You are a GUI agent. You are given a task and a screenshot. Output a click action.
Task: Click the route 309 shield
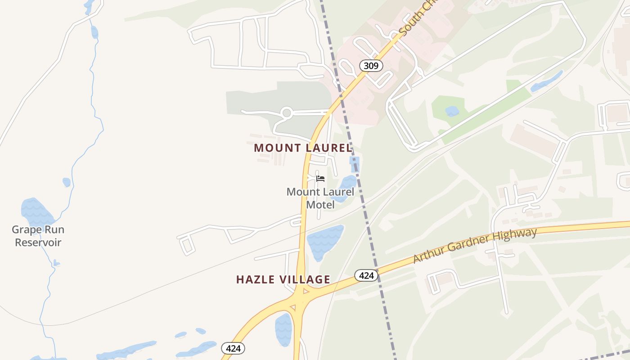(x=371, y=66)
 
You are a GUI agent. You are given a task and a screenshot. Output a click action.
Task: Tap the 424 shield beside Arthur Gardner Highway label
(x=366, y=275)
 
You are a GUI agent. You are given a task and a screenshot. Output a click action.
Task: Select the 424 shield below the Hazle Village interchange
(x=233, y=348)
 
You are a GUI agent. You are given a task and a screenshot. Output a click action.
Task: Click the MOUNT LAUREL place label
(x=302, y=148)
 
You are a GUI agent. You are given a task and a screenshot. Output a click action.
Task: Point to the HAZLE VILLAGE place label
(x=283, y=279)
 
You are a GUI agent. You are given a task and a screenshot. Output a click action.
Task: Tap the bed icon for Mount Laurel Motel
(x=320, y=179)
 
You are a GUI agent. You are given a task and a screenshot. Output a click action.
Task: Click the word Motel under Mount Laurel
(x=320, y=205)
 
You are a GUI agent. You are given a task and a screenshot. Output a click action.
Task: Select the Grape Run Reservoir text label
(x=38, y=236)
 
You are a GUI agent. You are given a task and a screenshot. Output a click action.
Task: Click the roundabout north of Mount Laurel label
(x=286, y=112)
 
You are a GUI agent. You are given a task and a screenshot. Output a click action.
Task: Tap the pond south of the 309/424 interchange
(x=283, y=329)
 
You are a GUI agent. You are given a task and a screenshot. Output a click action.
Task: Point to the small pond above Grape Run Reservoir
(x=67, y=182)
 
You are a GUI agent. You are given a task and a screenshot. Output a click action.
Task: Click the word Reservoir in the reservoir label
(x=38, y=243)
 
